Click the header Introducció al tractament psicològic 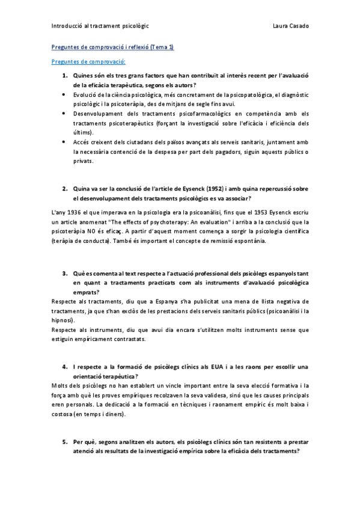pos(100,26)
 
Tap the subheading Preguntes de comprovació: pos(88,61)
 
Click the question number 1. pos(65,76)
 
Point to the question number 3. pos(65,273)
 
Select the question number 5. pos(65,441)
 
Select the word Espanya pos(131,301)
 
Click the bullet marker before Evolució pos(65,94)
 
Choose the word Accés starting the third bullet pos(81,142)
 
